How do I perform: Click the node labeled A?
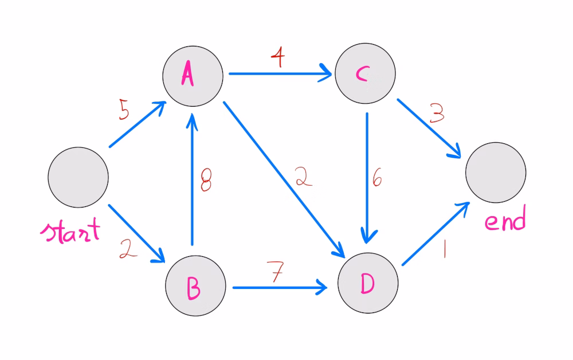coord(193,76)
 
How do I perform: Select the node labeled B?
coord(195,286)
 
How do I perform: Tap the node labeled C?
coord(365,73)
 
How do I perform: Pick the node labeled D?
coord(368,283)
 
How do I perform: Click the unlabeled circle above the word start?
coord(78,177)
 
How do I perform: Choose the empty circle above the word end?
coord(496,173)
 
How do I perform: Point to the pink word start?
coord(70,230)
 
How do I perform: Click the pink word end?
coord(505,218)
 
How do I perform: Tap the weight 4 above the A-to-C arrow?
coord(278,57)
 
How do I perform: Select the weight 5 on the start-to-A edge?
coord(124,109)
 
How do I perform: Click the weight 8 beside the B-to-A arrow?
coord(206,180)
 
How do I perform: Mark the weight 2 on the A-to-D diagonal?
coord(304,177)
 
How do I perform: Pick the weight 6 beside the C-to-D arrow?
coord(377,178)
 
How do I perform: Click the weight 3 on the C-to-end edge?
coord(437,113)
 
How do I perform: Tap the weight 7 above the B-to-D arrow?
coord(276,271)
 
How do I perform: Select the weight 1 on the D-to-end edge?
coord(445,249)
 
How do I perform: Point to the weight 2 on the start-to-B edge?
coord(128,249)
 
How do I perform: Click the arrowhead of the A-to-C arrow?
coord(327,73)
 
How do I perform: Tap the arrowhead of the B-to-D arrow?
coord(321,287)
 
